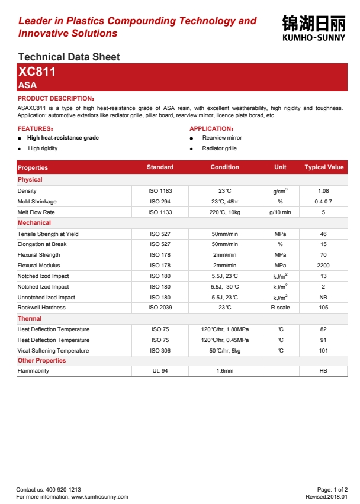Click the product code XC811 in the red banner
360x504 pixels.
coord(37,72)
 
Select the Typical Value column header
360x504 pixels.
coord(324,167)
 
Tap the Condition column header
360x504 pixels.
coord(224,167)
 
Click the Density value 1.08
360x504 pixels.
coord(323,191)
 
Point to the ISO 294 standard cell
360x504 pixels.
coord(160,202)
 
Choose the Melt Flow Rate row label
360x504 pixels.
coord(36,212)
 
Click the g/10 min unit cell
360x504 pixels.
coord(280,212)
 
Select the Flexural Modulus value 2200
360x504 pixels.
coord(323,266)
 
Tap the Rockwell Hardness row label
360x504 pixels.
coord(41,308)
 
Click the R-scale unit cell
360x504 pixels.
coord(280,308)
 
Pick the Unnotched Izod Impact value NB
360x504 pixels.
coord(323,297)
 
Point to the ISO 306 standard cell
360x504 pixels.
coord(160,351)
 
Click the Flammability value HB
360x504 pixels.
coord(323,371)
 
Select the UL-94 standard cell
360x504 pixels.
coord(160,371)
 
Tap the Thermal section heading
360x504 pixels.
coord(30,319)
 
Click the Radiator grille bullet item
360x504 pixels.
coord(219,148)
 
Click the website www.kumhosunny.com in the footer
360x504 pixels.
coord(99,497)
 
